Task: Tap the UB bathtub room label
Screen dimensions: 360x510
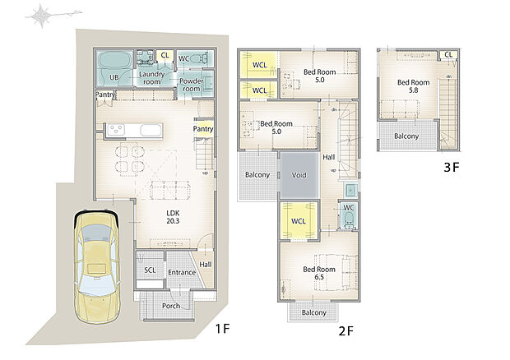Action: click(114, 79)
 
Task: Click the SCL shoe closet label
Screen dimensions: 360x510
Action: click(150, 270)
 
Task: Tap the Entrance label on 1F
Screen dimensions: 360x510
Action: click(181, 272)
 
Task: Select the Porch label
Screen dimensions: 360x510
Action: click(170, 306)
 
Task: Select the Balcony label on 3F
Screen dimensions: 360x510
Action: click(406, 136)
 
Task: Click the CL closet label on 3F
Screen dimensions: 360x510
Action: click(449, 54)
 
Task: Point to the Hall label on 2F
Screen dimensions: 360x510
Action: click(328, 157)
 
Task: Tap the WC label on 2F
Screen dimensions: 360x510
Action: click(348, 207)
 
